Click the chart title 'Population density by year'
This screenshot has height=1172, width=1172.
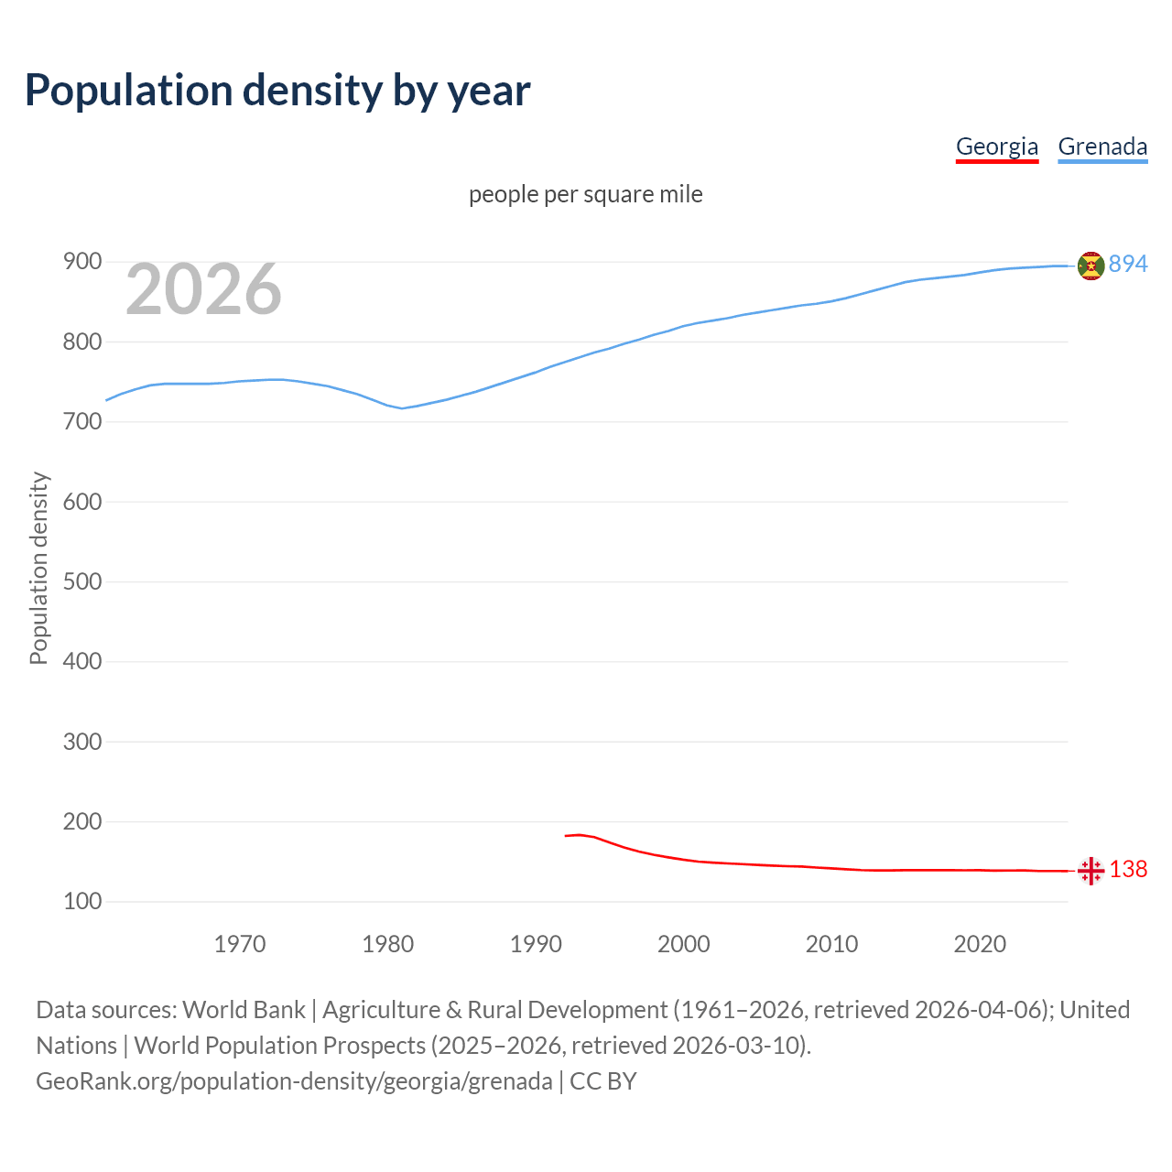point(277,90)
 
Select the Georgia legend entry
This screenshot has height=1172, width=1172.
point(996,146)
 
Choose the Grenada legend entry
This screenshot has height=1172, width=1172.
point(1102,146)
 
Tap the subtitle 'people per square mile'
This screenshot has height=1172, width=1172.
point(585,194)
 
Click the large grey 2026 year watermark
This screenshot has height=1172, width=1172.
point(203,289)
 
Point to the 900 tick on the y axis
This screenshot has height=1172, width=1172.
point(81,262)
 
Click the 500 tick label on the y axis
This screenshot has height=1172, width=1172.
point(81,581)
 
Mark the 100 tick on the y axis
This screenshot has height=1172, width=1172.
point(81,901)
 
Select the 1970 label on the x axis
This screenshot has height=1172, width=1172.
point(240,943)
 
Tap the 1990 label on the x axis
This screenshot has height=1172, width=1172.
point(536,943)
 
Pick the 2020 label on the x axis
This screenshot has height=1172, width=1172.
point(980,943)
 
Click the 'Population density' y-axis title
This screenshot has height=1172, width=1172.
point(38,568)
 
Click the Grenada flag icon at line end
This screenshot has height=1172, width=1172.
point(1091,266)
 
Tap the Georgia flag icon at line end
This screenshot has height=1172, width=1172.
point(1091,871)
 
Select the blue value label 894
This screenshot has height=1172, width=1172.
point(1128,264)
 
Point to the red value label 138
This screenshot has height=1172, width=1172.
point(1128,869)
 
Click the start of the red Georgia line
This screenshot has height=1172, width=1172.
point(566,836)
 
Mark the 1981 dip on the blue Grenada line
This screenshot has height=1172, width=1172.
point(402,408)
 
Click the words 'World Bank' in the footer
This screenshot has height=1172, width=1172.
point(244,1009)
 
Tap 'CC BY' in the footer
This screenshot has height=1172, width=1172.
point(602,1081)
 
